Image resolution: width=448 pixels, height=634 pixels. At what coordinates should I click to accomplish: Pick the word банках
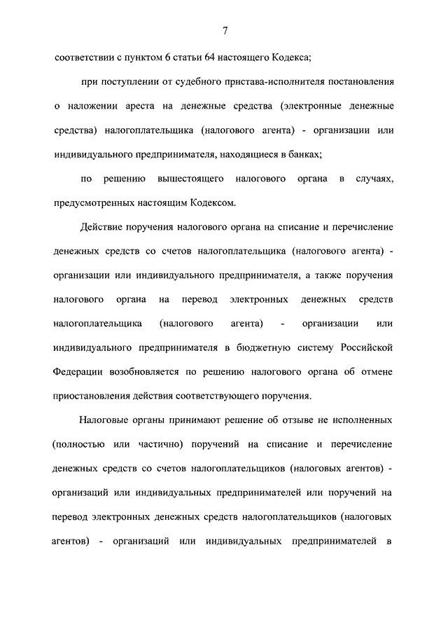point(299,155)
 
